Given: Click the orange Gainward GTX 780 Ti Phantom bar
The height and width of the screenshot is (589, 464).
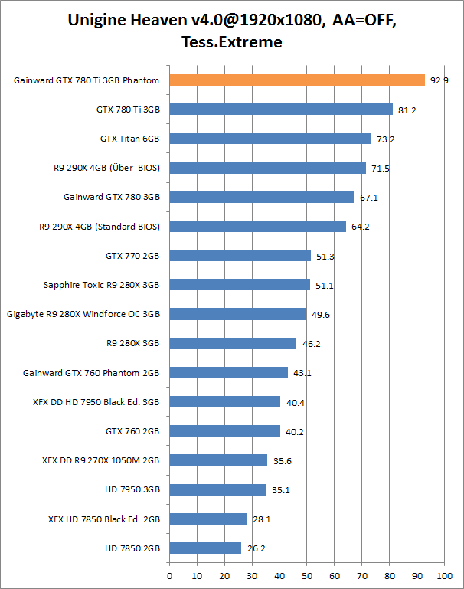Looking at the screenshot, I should coord(296,80).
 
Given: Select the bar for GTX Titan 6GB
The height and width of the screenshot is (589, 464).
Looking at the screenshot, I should coord(270,139).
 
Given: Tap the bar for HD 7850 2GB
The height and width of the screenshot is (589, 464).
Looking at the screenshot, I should coord(205,548).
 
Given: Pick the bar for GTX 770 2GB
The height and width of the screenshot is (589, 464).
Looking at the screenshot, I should coord(240,256).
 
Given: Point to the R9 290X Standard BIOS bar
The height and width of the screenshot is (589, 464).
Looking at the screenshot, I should coord(257,226).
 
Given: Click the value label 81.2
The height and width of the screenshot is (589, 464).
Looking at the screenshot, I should coord(407,110).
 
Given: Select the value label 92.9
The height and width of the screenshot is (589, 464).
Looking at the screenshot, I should coord(439,80).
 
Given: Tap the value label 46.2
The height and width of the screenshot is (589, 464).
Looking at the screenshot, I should coord(311,344).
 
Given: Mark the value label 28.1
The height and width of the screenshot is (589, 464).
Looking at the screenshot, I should coord(262,519).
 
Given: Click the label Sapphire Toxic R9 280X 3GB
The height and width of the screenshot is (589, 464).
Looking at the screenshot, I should coord(101,285).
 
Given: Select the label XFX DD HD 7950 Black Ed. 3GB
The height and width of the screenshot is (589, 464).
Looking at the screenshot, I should coord(96,401).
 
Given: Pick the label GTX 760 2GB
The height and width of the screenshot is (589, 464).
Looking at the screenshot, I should coord(132,431).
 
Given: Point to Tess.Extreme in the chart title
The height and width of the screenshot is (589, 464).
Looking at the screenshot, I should coord(232,42).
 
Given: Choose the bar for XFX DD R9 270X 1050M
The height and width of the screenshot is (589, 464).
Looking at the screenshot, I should coord(218,460).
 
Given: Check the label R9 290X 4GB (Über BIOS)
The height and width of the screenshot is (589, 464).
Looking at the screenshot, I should coord(99,168).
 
